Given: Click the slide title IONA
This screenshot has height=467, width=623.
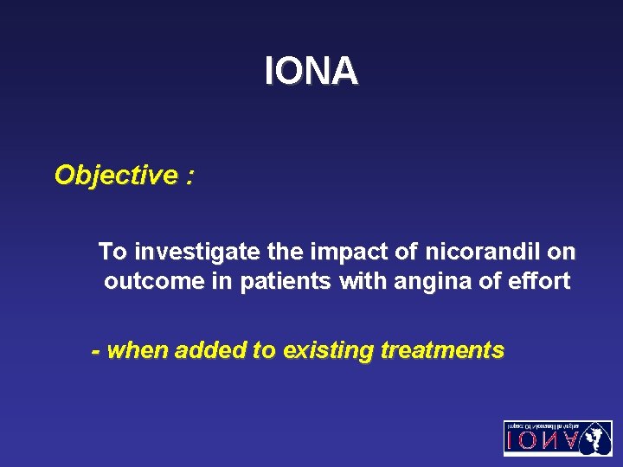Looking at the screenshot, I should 311,72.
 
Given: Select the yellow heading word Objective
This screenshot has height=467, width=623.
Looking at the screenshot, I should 115,176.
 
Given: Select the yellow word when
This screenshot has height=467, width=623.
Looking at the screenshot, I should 137,350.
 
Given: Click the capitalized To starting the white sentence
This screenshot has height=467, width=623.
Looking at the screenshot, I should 112,252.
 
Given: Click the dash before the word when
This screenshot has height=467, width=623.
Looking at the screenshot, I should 96,351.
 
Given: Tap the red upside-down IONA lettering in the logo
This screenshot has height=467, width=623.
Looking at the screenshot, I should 542,442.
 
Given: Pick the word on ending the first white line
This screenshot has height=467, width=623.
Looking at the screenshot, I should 562,252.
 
